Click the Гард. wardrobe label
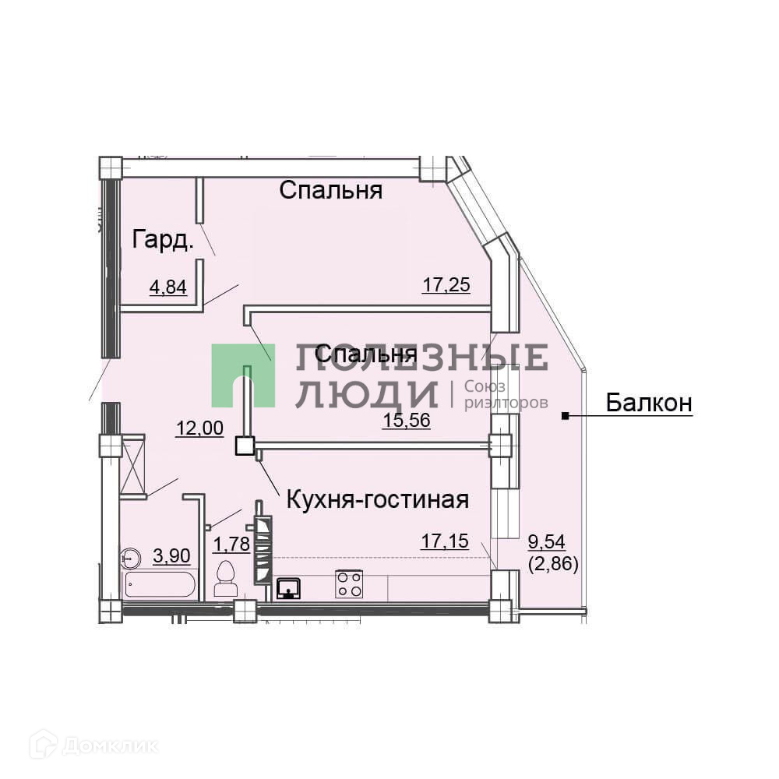pyautogui.click(x=163, y=239)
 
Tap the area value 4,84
pyautogui.click(x=167, y=287)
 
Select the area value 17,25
pyautogui.click(x=446, y=284)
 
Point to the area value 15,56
pyautogui.click(x=407, y=421)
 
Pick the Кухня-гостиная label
pyautogui.click(x=378, y=499)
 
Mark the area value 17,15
pyautogui.click(x=445, y=540)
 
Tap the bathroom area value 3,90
pyautogui.click(x=171, y=555)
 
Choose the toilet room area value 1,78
pyautogui.click(x=231, y=543)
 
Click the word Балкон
pyautogui.click(x=649, y=403)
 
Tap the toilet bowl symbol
pyautogui.click(x=227, y=579)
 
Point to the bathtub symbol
pyautogui.click(x=160, y=584)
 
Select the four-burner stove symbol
pyautogui.click(x=348, y=583)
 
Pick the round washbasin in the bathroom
pyautogui.click(x=131, y=557)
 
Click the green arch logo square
pyautogui.click(x=243, y=375)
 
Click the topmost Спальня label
pyautogui.click(x=331, y=190)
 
